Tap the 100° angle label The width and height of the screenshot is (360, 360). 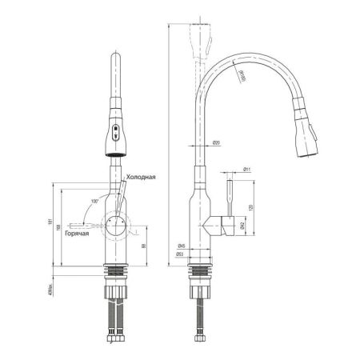[x=95, y=201]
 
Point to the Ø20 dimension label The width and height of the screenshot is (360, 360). [x=217, y=143]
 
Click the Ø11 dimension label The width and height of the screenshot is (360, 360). [x=248, y=170]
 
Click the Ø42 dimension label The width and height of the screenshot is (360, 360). [x=242, y=226]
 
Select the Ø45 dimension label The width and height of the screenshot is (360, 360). [x=182, y=246]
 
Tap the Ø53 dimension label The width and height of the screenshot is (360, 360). [x=182, y=255]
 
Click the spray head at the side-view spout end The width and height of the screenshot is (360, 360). [x=306, y=136]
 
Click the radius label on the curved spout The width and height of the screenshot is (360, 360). [x=242, y=74]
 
